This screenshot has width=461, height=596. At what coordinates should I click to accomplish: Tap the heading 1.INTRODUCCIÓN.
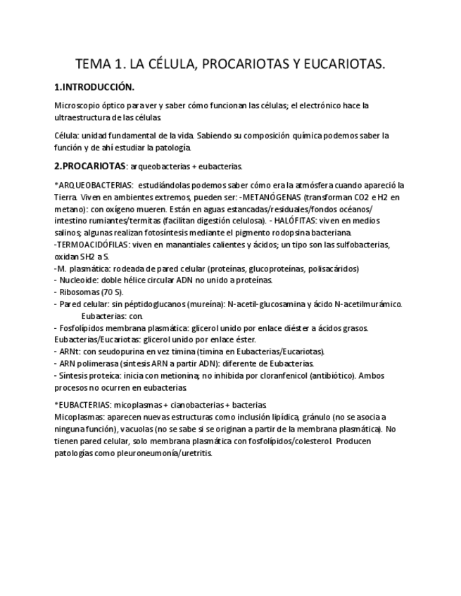pos(94,88)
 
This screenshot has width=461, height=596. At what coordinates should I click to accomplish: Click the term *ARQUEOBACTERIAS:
pos(94,186)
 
